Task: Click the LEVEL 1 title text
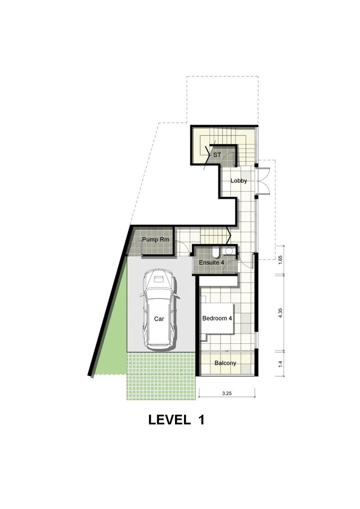click(x=176, y=420)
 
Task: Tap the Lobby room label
click(x=238, y=181)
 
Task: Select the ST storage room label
click(x=217, y=155)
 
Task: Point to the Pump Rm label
click(x=156, y=239)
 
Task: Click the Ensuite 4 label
click(x=211, y=262)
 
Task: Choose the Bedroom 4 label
click(x=217, y=318)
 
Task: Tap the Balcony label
click(x=225, y=363)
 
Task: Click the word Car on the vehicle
click(x=159, y=319)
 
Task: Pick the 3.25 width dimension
click(x=227, y=393)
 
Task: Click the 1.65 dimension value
click(x=281, y=261)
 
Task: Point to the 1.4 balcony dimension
click(x=281, y=364)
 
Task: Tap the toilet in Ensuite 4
click(x=216, y=252)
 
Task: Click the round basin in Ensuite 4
click(x=229, y=251)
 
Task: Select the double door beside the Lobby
click(x=263, y=181)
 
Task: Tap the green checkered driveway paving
click(x=161, y=376)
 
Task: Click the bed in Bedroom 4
click(x=217, y=318)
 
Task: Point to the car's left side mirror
click(x=142, y=295)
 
